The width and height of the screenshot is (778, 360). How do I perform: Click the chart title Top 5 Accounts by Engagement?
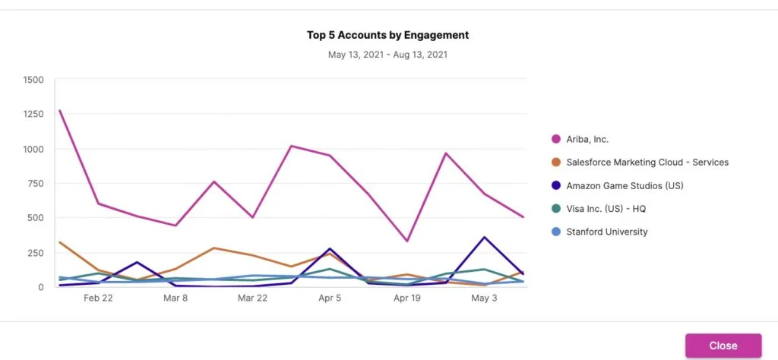[387, 35]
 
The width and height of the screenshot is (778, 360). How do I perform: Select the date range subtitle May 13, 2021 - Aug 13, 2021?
[387, 55]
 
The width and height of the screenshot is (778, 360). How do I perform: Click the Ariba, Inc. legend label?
[587, 139]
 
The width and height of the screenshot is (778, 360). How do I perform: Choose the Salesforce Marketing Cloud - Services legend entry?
[647, 162]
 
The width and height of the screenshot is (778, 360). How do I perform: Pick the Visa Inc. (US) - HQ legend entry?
[606, 209]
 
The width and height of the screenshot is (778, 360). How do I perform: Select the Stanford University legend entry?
[607, 232]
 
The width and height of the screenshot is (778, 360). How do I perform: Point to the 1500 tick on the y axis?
[33, 80]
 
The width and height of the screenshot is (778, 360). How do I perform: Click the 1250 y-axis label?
[33, 114]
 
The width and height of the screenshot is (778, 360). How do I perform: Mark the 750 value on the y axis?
[36, 183]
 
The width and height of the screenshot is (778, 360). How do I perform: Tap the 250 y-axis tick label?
[36, 252]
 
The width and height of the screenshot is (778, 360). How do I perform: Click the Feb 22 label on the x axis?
[98, 298]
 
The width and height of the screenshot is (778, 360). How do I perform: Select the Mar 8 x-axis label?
[176, 298]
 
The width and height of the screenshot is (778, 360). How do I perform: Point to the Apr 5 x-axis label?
[330, 298]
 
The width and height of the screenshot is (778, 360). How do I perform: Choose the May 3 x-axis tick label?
[484, 298]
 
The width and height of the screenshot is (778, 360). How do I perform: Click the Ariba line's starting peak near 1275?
[59, 111]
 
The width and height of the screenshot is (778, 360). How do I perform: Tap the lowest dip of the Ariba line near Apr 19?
[407, 242]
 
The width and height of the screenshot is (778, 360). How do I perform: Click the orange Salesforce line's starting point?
[59, 242]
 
